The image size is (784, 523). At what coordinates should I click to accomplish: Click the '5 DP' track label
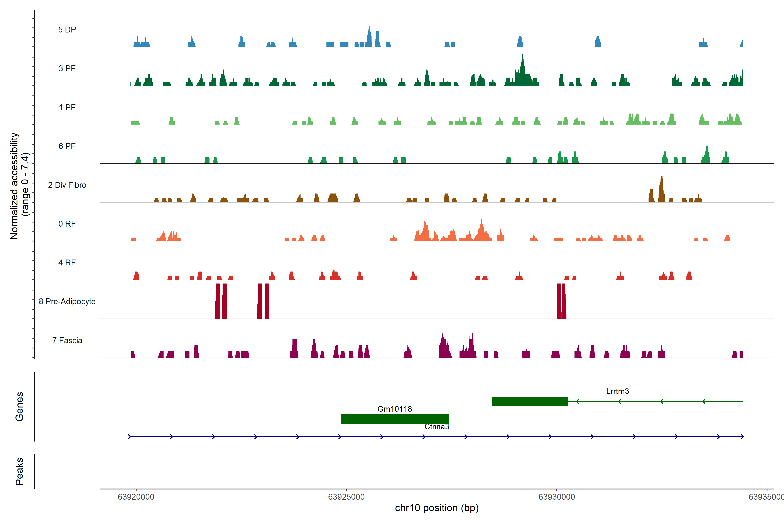click(67, 30)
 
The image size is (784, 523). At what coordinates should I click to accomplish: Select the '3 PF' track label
click(67, 68)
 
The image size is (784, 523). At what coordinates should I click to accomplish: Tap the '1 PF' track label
click(67, 107)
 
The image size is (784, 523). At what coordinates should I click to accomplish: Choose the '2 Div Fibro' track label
click(67, 185)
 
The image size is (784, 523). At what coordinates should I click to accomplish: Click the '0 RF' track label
click(67, 224)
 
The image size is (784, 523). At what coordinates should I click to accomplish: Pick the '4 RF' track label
click(67, 263)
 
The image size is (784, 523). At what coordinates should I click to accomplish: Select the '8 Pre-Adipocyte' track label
click(67, 302)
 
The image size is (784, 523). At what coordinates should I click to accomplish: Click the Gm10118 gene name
click(394, 409)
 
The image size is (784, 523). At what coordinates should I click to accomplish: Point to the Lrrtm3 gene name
click(617, 391)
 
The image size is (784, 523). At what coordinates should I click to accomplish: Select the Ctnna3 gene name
click(437, 427)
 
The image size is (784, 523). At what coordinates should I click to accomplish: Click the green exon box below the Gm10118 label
click(394, 419)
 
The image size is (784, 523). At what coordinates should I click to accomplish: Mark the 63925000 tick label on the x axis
click(346, 497)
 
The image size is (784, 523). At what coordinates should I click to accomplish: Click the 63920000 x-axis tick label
click(136, 497)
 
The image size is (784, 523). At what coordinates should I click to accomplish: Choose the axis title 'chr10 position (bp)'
click(437, 508)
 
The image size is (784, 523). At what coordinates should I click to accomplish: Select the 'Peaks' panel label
click(19, 471)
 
